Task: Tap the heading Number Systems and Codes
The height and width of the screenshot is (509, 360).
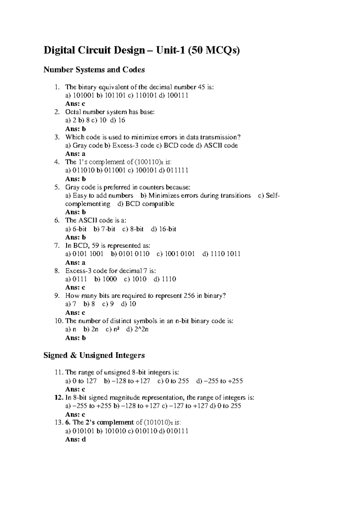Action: point(94,70)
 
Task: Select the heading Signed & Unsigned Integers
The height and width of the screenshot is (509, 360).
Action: point(94,355)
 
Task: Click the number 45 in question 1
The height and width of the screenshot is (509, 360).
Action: point(202,87)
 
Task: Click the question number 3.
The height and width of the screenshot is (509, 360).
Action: point(57,137)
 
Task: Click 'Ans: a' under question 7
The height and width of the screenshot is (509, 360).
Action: point(75,262)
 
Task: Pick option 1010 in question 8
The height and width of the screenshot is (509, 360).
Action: point(139,279)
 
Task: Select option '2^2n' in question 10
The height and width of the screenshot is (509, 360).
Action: point(141,329)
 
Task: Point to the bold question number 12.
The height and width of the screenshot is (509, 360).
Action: point(58,398)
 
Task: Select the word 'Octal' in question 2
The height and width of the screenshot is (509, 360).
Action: point(73,112)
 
